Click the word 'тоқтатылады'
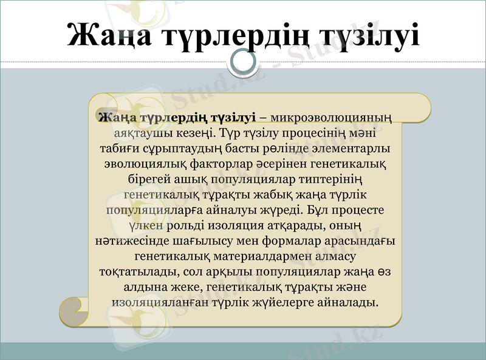coord(135,273)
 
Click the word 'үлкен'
coord(143,226)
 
